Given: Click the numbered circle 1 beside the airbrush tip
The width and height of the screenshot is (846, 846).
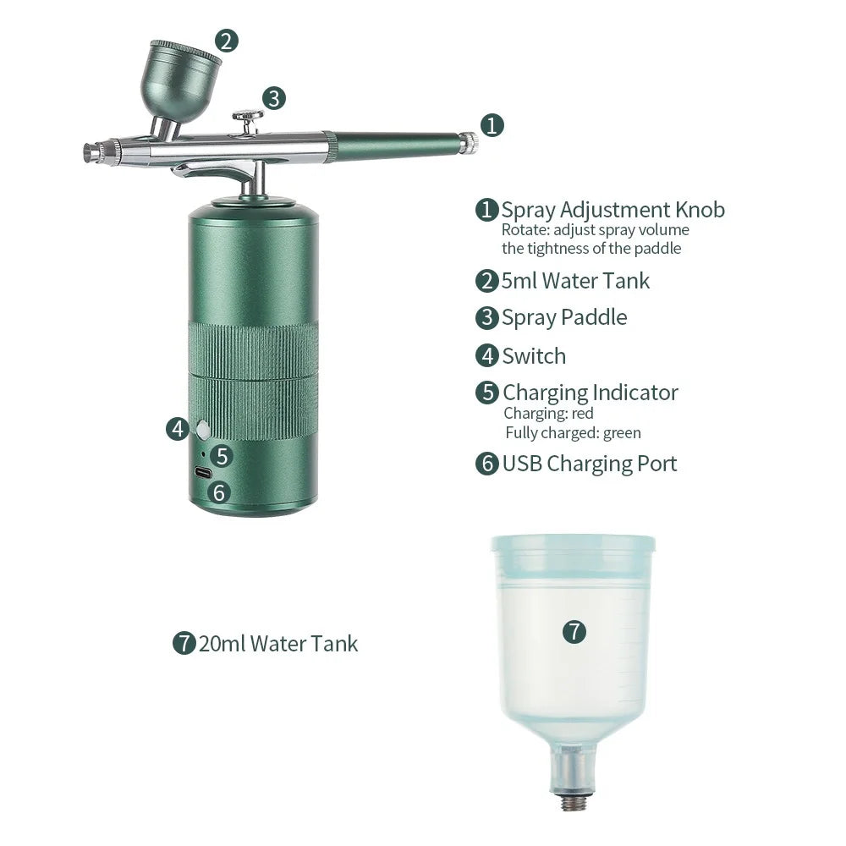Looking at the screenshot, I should click(x=492, y=125).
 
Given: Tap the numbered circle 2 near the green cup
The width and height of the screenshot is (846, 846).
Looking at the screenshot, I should click(x=226, y=41).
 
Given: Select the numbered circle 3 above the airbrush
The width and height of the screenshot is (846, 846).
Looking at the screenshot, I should click(x=273, y=98).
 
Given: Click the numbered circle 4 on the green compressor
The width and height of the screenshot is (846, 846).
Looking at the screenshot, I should click(x=178, y=429).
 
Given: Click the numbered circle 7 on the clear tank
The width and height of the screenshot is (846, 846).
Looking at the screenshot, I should click(x=574, y=631).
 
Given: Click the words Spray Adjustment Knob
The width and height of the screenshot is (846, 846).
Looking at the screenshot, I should click(x=613, y=210).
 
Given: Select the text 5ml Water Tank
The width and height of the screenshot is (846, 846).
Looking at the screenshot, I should click(x=575, y=281).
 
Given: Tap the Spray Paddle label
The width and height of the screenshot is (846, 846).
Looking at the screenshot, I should click(x=564, y=318).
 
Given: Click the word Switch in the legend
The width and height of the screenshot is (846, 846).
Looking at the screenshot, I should click(x=534, y=356).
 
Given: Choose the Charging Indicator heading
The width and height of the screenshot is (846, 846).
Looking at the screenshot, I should click(x=590, y=393).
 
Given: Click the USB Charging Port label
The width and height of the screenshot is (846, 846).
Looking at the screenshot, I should click(x=590, y=464).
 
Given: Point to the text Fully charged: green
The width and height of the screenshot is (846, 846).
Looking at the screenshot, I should click(x=573, y=433).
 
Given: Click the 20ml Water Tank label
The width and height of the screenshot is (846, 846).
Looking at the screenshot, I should click(x=278, y=644).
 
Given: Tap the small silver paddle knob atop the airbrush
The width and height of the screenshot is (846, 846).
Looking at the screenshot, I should click(x=248, y=117).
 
